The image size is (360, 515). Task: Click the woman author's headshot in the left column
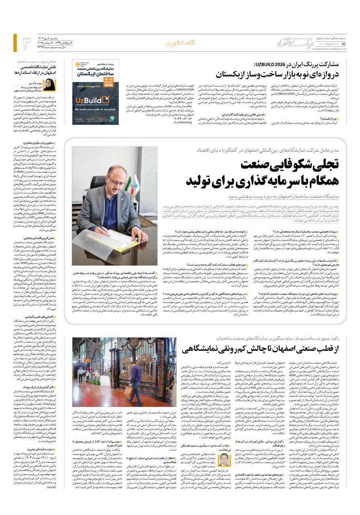click(x=50, y=85)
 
